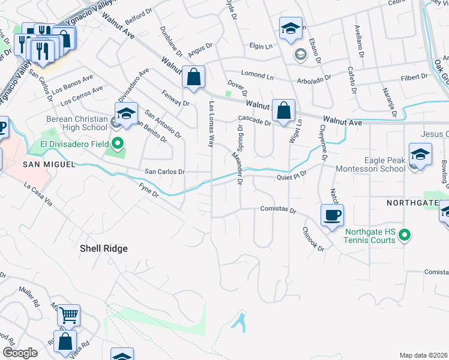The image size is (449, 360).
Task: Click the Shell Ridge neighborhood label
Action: tap(104, 248)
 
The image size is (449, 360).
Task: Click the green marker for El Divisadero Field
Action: tap(118, 143)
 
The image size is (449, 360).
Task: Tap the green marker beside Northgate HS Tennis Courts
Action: tap(405, 235)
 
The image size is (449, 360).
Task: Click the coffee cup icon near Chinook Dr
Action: tap(332, 215)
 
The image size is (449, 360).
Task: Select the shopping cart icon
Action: tap(68, 314)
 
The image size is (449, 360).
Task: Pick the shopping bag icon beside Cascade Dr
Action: tap(283, 110)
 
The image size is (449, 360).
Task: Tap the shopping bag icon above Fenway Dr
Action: tap(193, 77)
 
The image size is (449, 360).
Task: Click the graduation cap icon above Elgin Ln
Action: tap(291, 28)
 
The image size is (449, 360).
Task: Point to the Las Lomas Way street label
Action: tap(211, 124)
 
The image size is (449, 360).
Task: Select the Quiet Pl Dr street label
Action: tap(291, 176)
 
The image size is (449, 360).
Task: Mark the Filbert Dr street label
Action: tap(414, 77)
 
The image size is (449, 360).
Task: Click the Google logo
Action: tap(20, 353)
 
